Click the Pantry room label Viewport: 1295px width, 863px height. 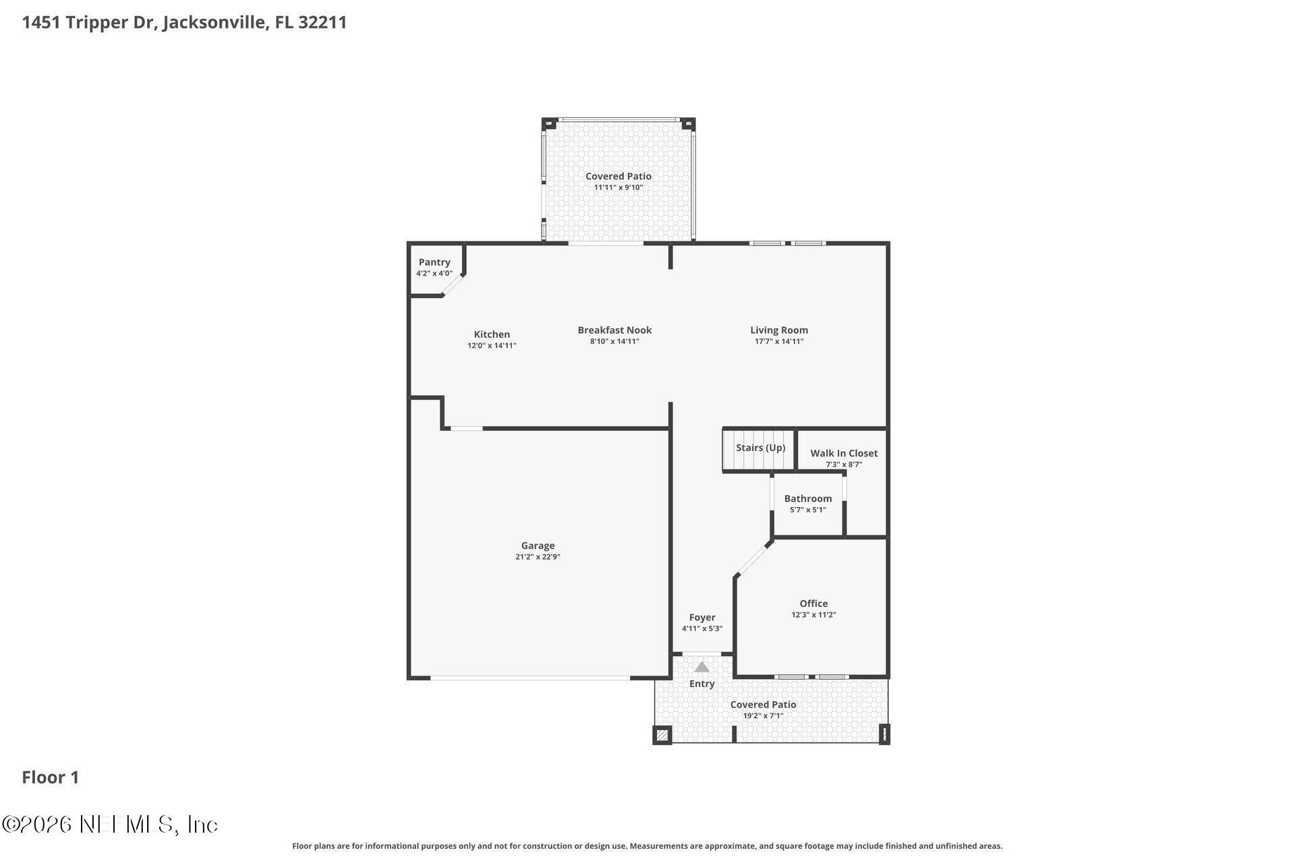[434, 262]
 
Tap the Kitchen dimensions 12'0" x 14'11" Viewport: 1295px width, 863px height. [492, 346]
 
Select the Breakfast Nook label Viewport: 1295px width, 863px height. [614, 330]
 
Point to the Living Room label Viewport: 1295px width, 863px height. [779, 330]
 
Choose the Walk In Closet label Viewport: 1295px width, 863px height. [844, 453]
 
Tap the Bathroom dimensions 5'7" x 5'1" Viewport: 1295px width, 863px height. [807, 510]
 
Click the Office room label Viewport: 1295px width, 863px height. [813, 603]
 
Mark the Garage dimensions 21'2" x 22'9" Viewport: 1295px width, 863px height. [538, 557]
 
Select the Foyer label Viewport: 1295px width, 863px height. [702, 617]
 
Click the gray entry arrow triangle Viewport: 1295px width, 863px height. [702, 667]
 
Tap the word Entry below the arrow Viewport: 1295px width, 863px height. [701, 684]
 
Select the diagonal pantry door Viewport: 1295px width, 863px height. [452, 285]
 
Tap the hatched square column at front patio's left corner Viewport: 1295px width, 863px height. [662, 735]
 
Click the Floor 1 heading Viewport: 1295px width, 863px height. [51, 777]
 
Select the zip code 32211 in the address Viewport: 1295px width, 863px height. [322, 22]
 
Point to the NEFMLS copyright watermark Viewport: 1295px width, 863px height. [110, 824]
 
